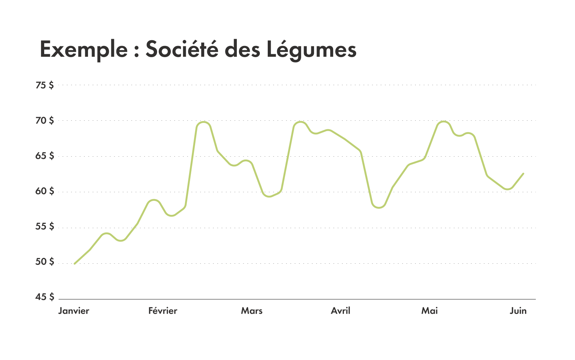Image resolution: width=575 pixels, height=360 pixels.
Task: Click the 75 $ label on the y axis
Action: (x=45, y=86)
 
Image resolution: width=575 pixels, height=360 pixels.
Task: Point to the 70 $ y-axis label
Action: (x=45, y=121)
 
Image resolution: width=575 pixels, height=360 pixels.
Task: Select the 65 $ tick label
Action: (x=45, y=156)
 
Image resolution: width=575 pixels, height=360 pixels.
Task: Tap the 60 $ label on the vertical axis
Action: (x=45, y=191)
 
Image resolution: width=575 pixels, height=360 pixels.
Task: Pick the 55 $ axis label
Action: (x=45, y=226)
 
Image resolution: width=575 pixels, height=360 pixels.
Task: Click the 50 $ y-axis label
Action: (x=45, y=262)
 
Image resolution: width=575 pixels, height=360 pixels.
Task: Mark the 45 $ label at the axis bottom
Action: (x=45, y=297)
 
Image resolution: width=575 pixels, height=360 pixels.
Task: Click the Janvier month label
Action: (x=74, y=311)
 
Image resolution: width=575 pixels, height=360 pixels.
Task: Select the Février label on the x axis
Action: (x=163, y=311)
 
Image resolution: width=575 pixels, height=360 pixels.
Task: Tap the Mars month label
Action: (x=252, y=311)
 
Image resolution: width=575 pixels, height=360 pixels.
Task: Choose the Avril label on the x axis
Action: (x=340, y=311)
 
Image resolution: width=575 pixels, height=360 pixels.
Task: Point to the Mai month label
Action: (x=429, y=311)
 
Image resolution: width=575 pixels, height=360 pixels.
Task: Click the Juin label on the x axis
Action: (x=518, y=311)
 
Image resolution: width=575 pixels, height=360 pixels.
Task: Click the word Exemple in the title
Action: (x=84, y=50)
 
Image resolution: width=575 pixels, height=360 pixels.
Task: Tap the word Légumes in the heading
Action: (x=311, y=50)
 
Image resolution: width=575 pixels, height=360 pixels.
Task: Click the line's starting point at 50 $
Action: (x=74, y=264)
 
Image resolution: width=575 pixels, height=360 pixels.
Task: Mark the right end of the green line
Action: (x=523, y=174)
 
